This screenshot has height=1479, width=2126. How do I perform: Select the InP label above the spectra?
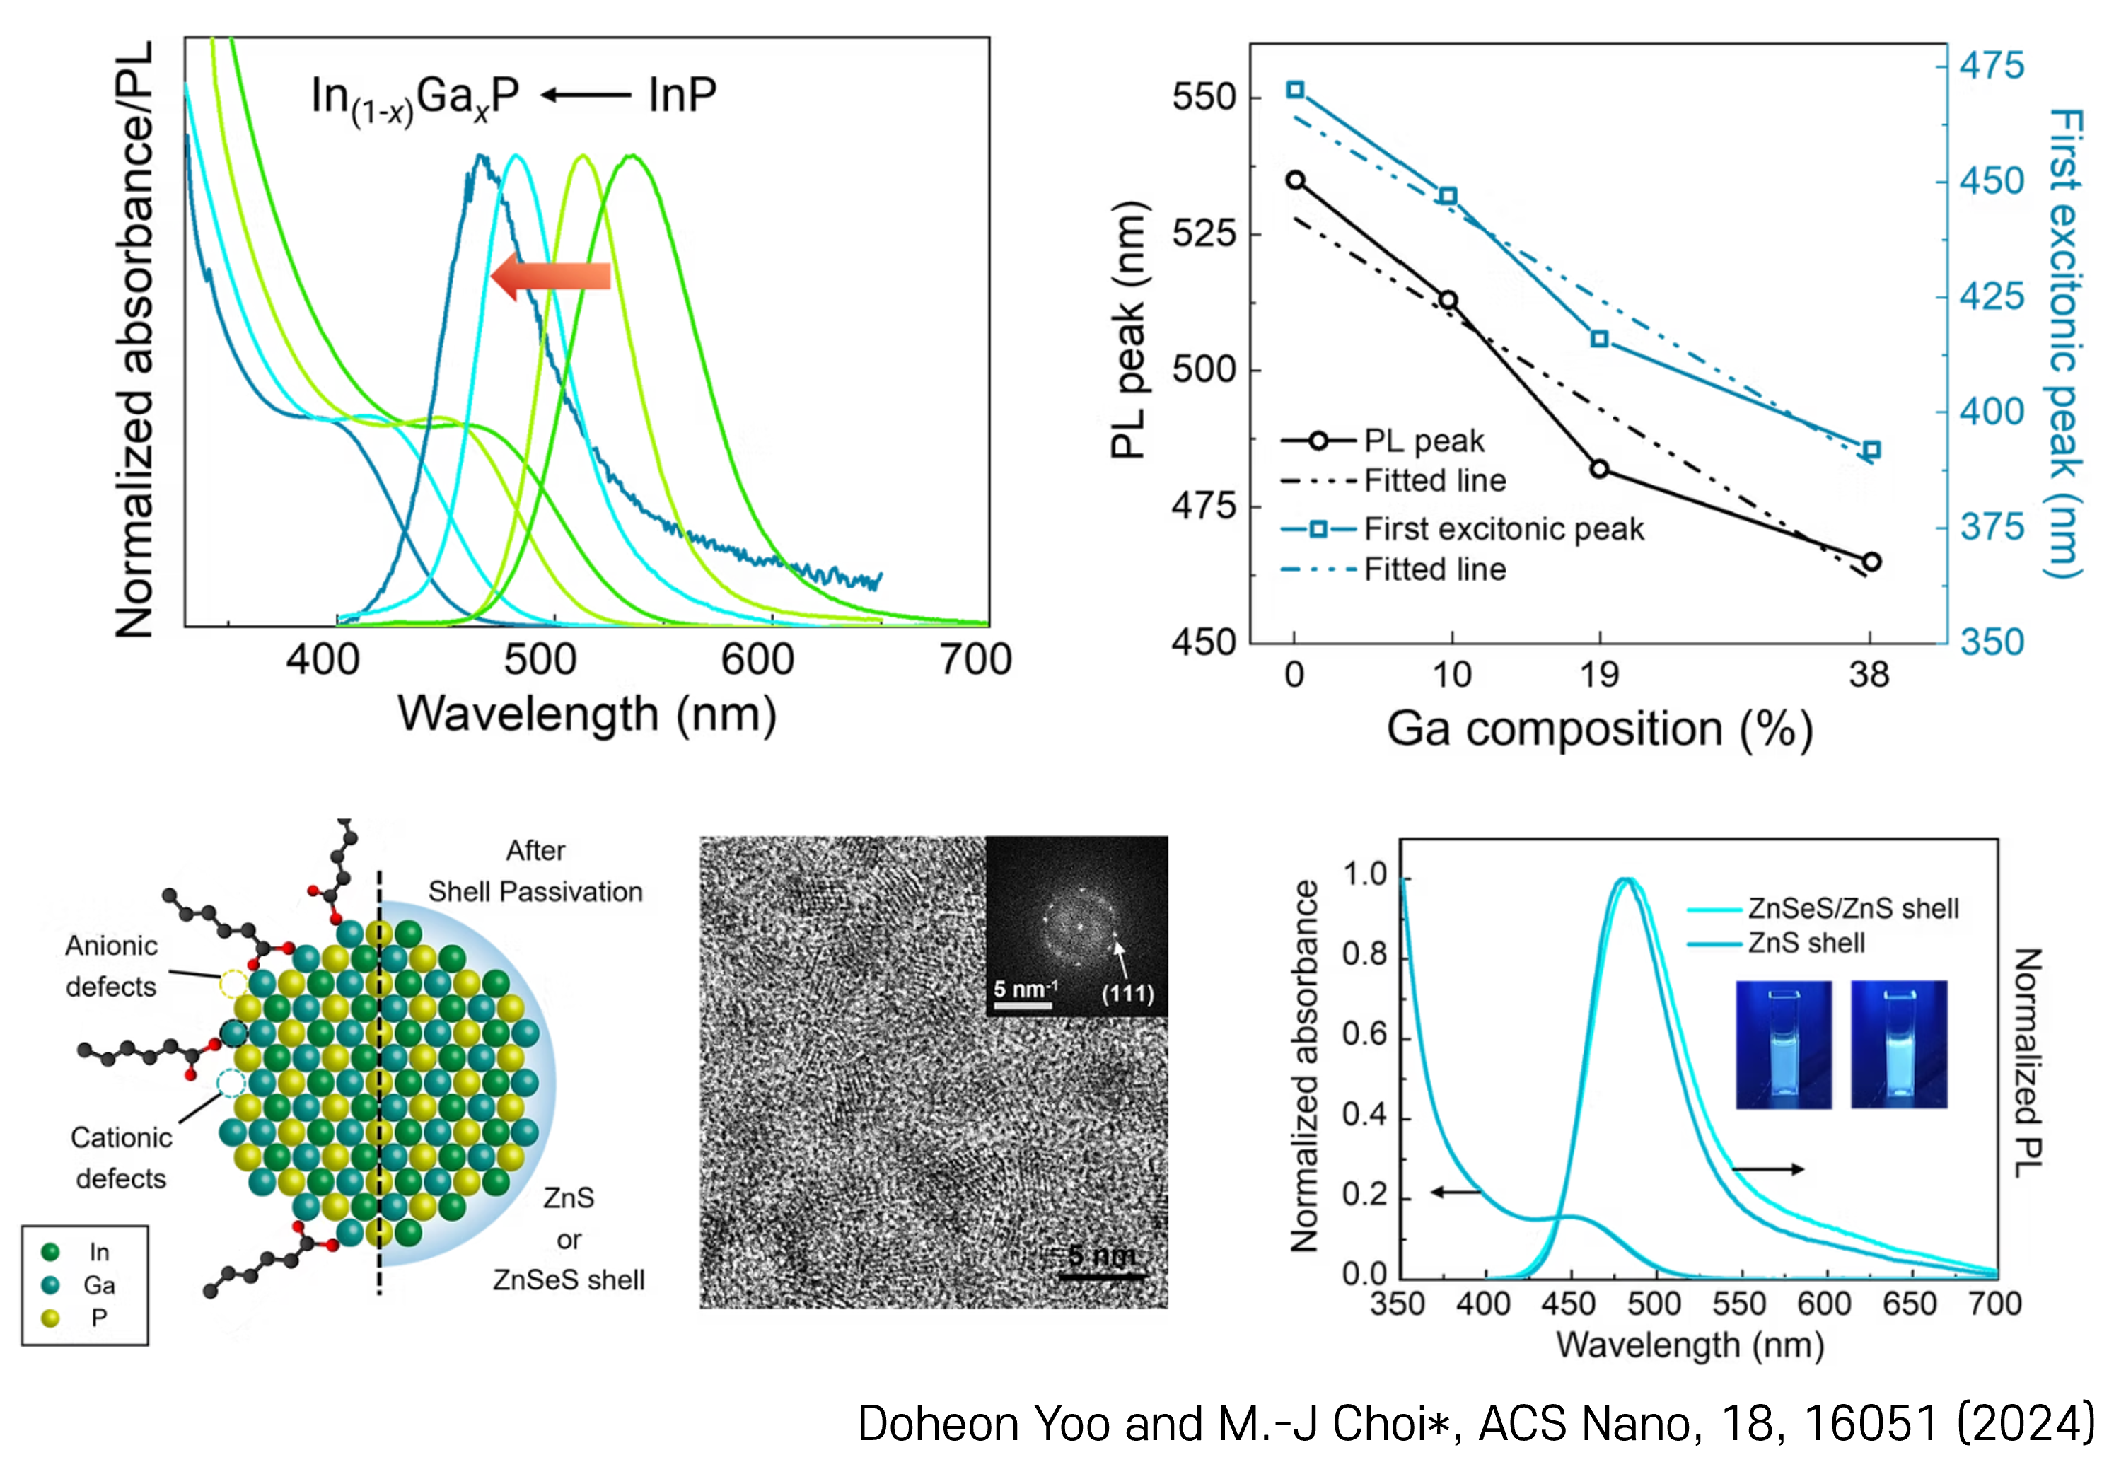tap(682, 95)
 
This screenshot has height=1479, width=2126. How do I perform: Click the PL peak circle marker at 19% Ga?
tap(1599, 469)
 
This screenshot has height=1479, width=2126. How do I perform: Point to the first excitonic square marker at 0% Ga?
tap(1296, 90)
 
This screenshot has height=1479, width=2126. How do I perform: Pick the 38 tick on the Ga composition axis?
tap(1869, 674)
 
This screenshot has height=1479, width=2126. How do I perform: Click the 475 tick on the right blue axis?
tap(1991, 66)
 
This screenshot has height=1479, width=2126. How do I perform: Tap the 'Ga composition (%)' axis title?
tap(1599, 729)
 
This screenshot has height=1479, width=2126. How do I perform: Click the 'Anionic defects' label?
tap(111, 966)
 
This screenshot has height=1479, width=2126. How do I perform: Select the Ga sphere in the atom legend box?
tap(51, 1284)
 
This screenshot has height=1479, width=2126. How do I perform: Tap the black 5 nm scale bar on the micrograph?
tap(1102, 1276)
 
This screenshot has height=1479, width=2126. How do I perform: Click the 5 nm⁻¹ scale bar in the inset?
tap(1023, 1005)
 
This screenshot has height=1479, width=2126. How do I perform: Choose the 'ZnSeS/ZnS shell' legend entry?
tap(1852, 908)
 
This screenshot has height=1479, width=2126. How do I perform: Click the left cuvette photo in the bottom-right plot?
tap(1784, 1044)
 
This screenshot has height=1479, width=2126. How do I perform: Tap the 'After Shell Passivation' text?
tap(535, 871)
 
